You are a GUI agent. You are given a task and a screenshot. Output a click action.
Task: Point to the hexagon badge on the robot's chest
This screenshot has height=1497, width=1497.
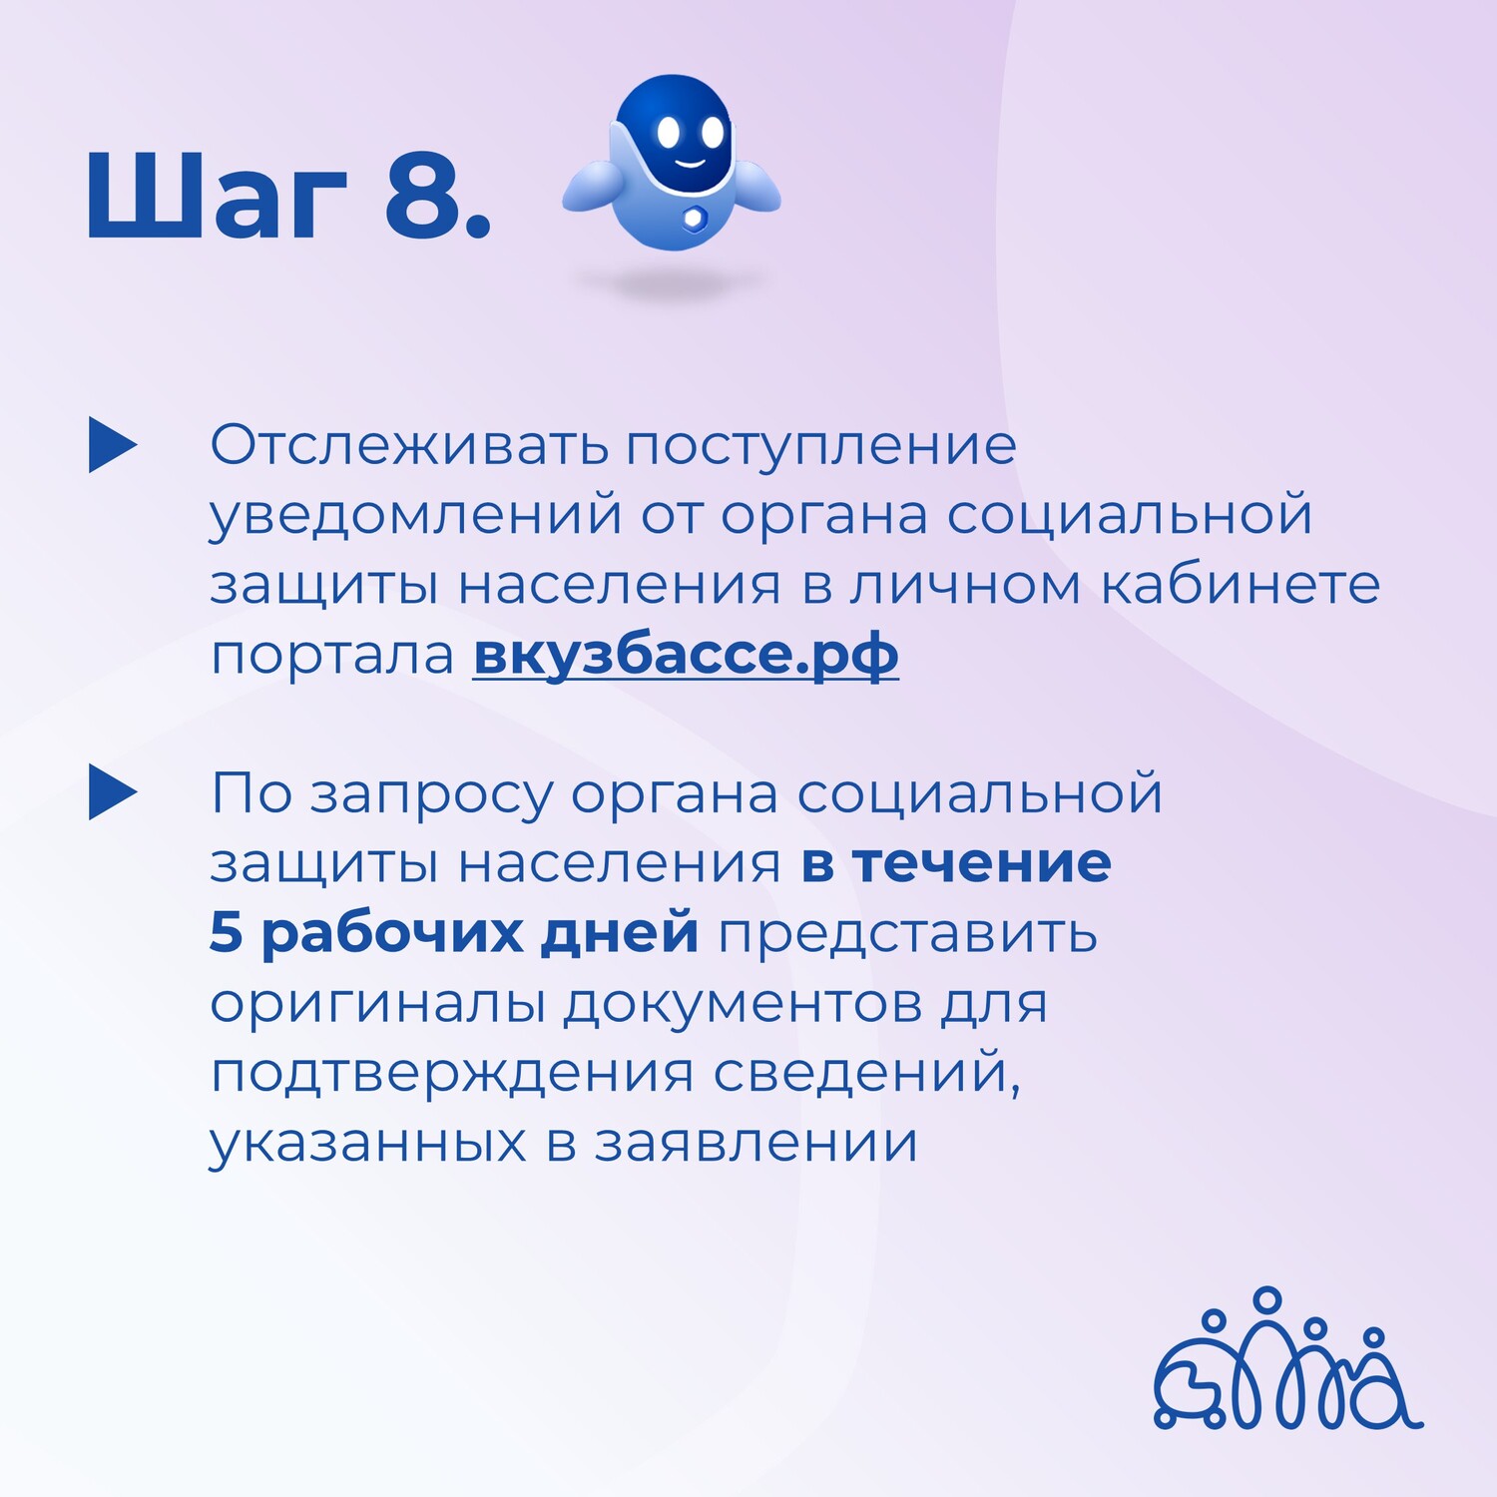coord(693,218)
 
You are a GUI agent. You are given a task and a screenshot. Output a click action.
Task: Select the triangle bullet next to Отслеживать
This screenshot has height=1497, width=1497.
coord(113,444)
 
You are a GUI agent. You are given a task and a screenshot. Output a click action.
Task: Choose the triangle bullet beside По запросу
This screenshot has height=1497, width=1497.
coord(113,792)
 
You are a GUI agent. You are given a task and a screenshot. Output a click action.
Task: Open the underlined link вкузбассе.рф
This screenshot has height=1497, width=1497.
coord(686,656)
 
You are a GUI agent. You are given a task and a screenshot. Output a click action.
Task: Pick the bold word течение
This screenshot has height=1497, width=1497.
coord(981,864)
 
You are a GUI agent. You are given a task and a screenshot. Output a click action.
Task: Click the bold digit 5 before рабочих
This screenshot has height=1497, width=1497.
coord(226,932)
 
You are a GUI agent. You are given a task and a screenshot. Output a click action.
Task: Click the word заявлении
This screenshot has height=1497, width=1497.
coord(756,1144)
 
